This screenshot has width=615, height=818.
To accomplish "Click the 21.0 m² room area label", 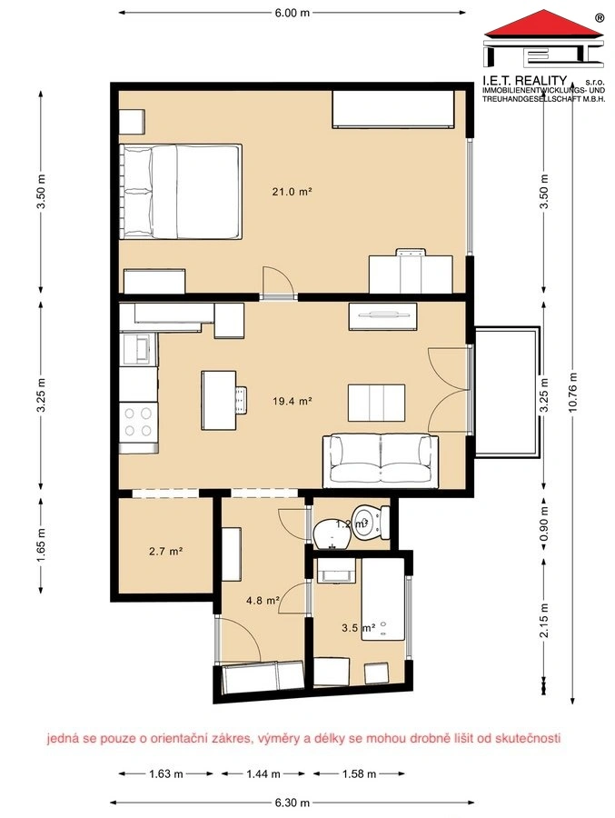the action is click(x=292, y=192).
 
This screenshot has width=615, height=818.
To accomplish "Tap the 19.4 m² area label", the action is click(x=293, y=401).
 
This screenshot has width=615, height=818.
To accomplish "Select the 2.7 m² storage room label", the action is click(x=165, y=551).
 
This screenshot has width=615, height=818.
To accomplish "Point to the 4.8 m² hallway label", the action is click(x=263, y=601).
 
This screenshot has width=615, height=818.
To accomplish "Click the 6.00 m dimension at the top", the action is click(x=293, y=13).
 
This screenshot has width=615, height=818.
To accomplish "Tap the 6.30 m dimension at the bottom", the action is click(x=293, y=803).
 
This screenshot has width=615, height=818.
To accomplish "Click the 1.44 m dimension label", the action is click(x=263, y=773).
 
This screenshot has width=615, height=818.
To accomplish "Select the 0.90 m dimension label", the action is click(x=544, y=524).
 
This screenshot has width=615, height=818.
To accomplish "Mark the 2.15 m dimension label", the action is click(x=544, y=620).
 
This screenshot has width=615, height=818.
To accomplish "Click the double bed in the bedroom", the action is click(x=181, y=192).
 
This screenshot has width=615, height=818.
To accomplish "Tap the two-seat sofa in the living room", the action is click(x=381, y=461).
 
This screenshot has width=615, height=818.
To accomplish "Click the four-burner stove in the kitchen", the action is click(x=138, y=422).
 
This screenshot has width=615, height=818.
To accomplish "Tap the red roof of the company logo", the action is click(x=544, y=25).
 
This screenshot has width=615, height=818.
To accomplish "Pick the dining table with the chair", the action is click(x=224, y=400).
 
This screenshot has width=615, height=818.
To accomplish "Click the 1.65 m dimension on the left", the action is click(x=41, y=545).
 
